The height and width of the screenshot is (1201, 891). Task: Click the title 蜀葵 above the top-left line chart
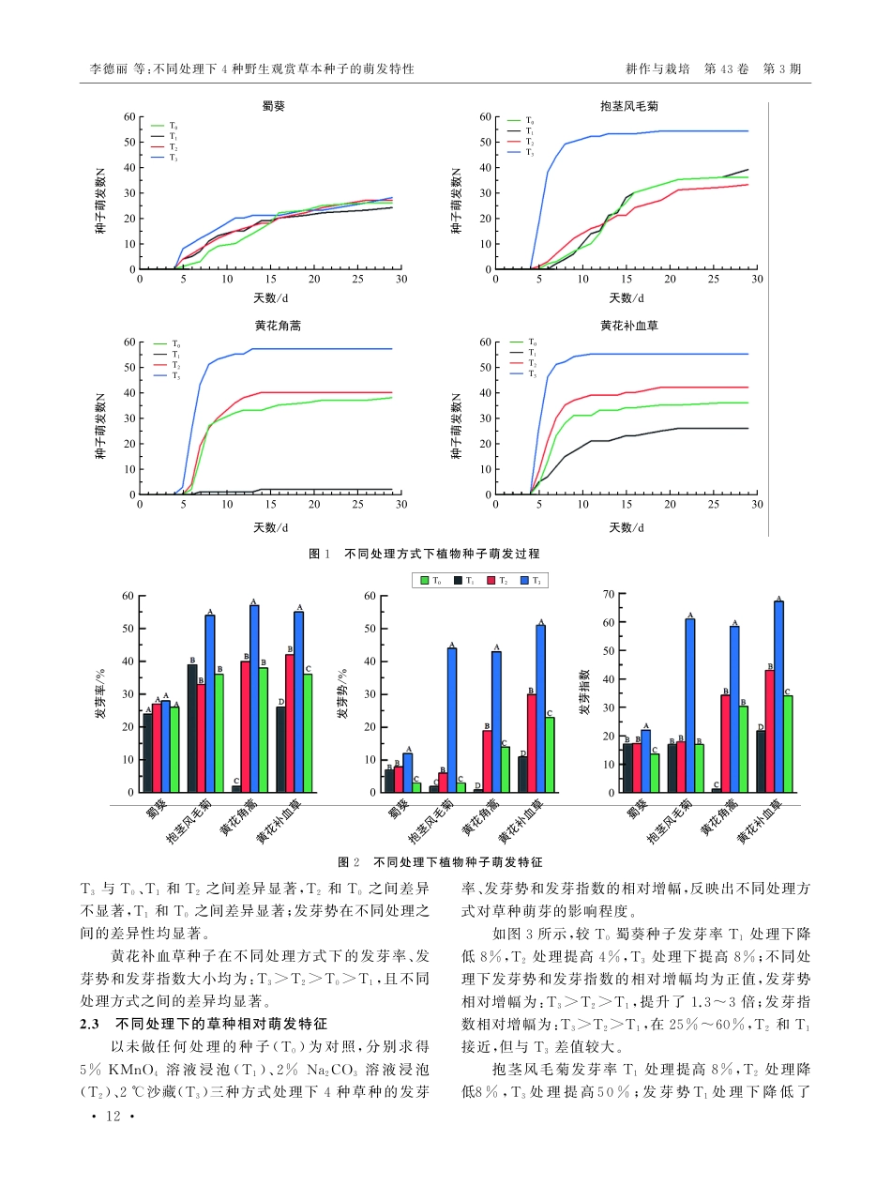pyautogui.click(x=273, y=106)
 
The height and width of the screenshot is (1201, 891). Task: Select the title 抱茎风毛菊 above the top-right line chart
pyautogui.click(x=627, y=106)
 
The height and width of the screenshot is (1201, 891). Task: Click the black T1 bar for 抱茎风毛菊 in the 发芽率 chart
pyautogui.click(x=192, y=728)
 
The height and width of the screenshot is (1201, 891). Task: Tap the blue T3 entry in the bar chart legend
pyautogui.click(x=530, y=581)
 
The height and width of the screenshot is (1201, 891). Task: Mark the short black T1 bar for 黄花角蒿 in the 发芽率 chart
pyautogui.click(x=236, y=789)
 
